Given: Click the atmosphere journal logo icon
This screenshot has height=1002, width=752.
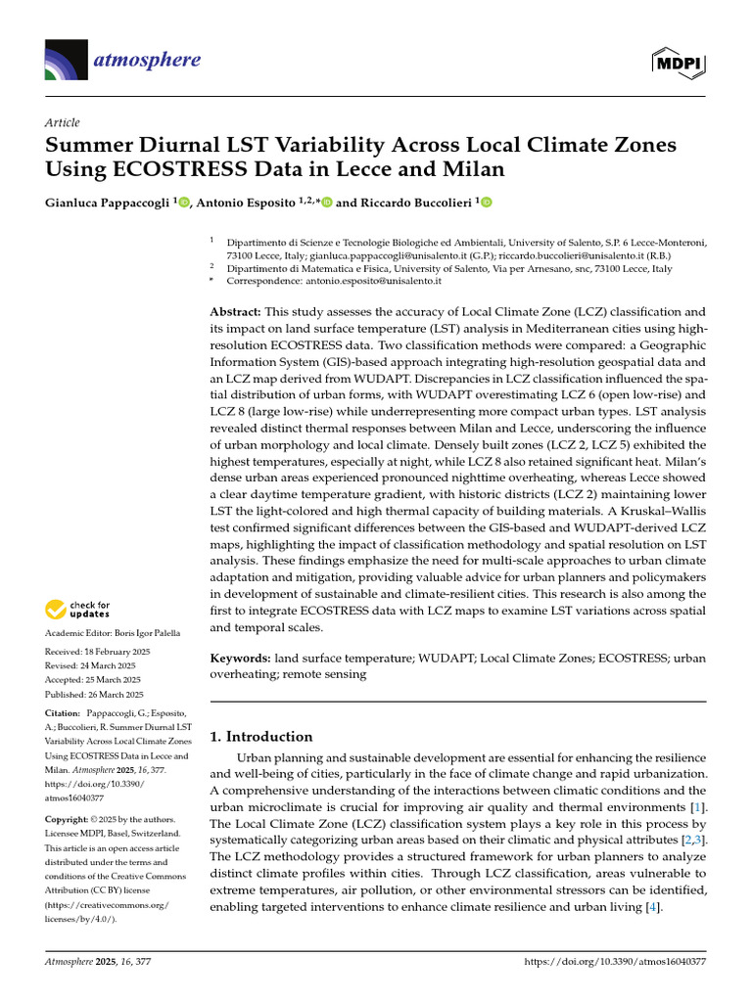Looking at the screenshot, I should click(66, 61).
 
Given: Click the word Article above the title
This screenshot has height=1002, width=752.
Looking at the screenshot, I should click(62, 121).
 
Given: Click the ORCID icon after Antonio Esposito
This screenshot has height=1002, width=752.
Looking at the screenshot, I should click(326, 203).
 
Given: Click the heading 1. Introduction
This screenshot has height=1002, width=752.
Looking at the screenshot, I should click(262, 737).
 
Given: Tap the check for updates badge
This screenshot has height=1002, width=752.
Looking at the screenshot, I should click(78, 610).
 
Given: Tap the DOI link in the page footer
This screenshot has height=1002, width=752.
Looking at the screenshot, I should click(615, 963).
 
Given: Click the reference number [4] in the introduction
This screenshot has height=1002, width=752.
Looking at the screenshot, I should click(649, 907).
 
